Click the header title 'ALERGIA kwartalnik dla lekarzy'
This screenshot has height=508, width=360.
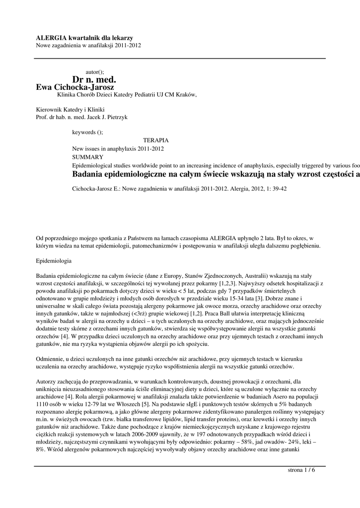pyautogui.click(x=84, y=38)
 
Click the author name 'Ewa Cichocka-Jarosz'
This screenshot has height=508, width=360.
pyautogui.click(x=75, y=87)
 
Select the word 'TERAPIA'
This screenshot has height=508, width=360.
pyautogui.click(x=155, y=140)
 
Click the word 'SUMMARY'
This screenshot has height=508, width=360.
pyautogui.click(x=87, y=156)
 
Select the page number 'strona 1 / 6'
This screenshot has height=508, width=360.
pyautogui.click(x=301, y=470)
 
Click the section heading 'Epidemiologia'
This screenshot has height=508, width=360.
pyautogui.click(x=54, y=260)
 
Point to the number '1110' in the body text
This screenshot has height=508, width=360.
pyautogui.click(x=43, y=404)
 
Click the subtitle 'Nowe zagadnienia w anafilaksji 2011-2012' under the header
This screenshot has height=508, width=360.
pyautogui.click(x=89, y=46)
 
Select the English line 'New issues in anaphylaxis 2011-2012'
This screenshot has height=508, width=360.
pyautogui.click(x=118, y=148)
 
